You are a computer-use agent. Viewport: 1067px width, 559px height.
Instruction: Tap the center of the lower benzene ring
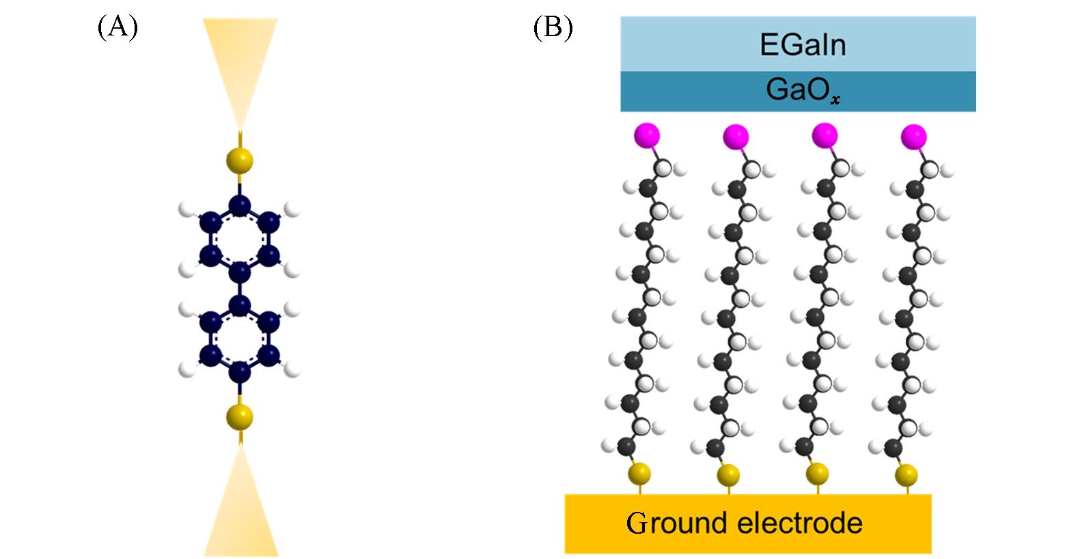[240, 338]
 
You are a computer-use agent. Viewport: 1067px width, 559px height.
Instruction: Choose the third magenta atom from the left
[824, 134]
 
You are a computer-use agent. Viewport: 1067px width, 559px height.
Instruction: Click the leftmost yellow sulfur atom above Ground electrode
[639, 473]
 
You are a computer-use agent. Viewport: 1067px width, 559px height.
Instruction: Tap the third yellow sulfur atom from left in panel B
[817, 472]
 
